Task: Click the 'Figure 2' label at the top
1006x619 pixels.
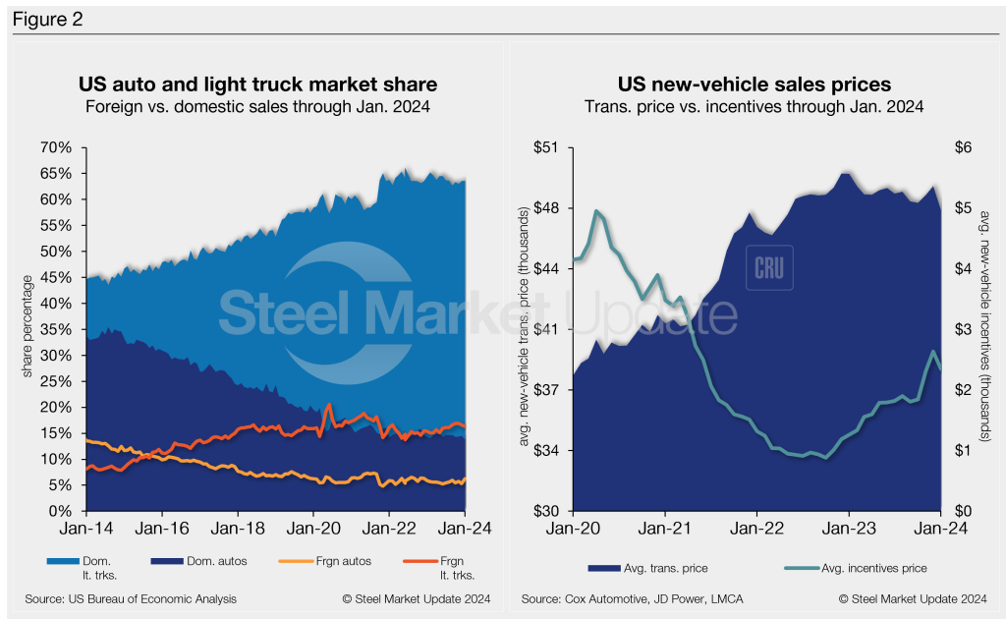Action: coord(44,19)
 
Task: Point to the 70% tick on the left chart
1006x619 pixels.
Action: coord(55,147)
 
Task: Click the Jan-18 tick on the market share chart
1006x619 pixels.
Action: coord(238,529)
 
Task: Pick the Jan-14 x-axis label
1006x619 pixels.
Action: coord(86,529)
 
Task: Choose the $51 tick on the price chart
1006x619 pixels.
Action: coord(545,147)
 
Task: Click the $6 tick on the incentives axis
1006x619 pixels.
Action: coord(963,147)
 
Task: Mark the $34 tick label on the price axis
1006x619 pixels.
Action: coord(545,451)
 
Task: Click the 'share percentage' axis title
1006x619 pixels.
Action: coord(27,329)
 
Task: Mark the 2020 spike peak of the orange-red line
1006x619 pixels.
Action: coord(328,404)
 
